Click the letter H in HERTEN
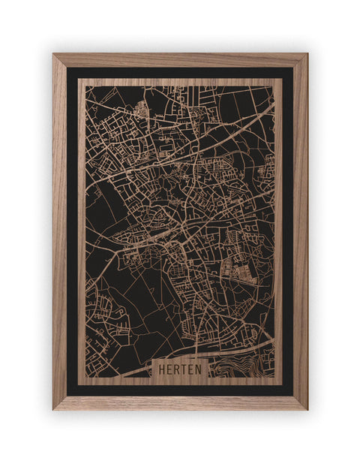click(x=160, y=369)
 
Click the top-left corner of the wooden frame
click(x=53, y=54)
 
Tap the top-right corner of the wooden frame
click(x=307, y=54)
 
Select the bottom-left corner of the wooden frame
click(x=53, y=409)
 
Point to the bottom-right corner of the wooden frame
click(x=307, y=409)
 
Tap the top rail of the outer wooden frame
click(x=180, y=60)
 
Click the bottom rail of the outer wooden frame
click(x=180, y=402)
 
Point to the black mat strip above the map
click(x=180, y=73)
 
